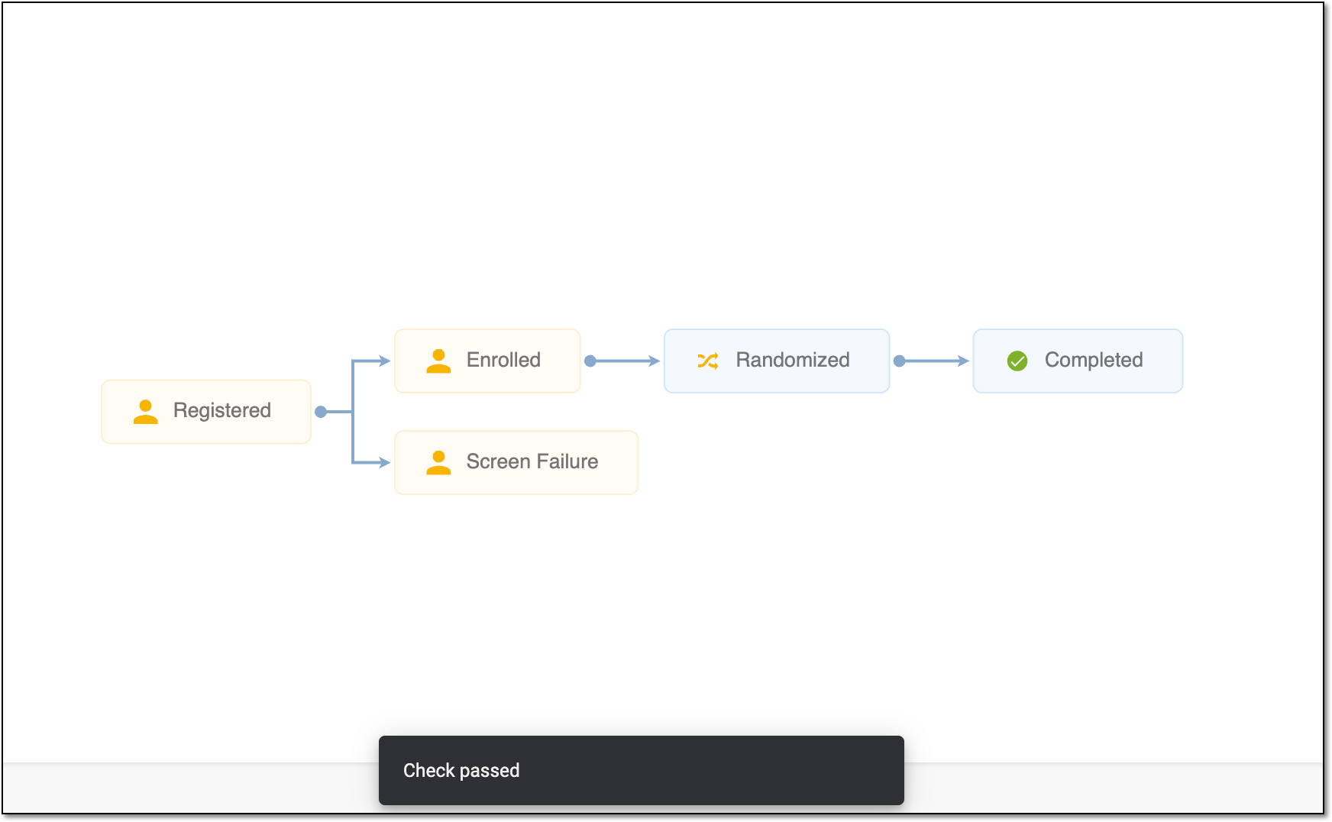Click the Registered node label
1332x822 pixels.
pos(221,411)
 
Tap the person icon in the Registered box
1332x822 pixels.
pos(145,412)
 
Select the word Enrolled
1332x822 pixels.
pos(503,360)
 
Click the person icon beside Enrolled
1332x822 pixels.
pos(438,361)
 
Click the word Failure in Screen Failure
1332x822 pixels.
pos(567,461)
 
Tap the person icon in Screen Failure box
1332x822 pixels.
pos(438,463)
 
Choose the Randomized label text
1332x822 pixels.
pos(792,360)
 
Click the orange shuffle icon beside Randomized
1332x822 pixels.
pos(708,361)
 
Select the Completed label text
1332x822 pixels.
pos(1094,360)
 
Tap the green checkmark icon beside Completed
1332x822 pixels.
pos(1017,361)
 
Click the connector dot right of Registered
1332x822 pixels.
pos(321,412)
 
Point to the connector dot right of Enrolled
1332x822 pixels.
pos(590,361)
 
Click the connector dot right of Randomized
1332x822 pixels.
pos(900,361)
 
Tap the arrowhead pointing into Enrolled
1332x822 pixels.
pos(385,361)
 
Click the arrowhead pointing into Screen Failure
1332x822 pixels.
pos(385,462)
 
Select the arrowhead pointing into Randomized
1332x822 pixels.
pos(655,361)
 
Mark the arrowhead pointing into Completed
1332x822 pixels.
pos(964,361)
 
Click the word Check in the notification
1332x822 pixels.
pos(429,770)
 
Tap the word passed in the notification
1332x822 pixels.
pos(490,771)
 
